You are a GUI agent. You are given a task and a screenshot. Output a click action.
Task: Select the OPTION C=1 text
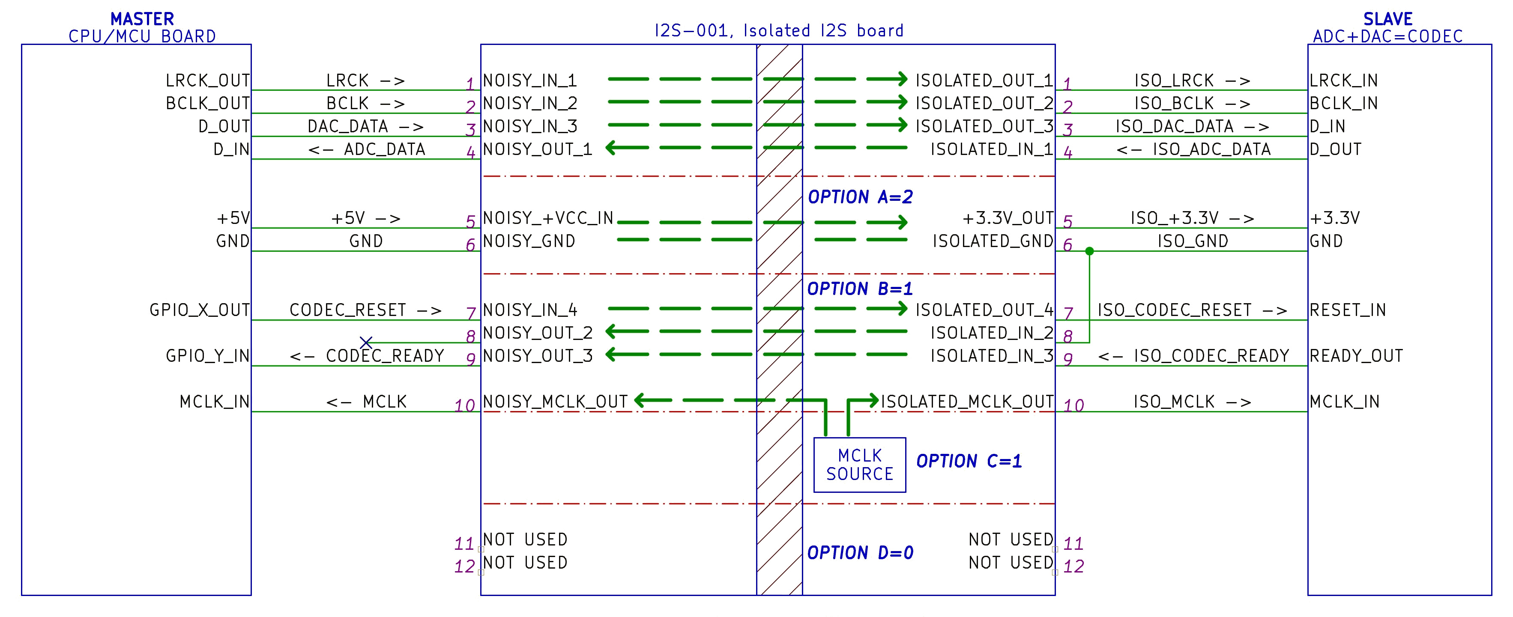click(x=969, y=462)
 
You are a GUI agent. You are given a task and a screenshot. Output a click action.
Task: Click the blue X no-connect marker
click(x=366, y=342)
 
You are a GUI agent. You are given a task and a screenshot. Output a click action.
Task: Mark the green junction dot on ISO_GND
click(x=1089, y=251)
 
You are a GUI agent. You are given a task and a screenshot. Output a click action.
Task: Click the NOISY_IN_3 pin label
click(x=530, y=126)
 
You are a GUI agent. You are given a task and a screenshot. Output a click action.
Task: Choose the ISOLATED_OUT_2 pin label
click(x=984, y=103)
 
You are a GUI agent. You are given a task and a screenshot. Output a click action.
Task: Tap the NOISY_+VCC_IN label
click(x=548, y=218)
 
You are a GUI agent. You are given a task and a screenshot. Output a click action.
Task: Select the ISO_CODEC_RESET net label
click(x=1192, y=310)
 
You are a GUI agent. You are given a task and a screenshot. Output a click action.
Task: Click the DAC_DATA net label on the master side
click(x=365, y=126)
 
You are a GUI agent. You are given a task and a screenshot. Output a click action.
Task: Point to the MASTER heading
click(x=142, y=19)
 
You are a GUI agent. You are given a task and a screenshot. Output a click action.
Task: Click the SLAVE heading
click(x=1388, y=19)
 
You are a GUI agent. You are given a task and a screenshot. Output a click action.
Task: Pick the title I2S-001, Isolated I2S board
click(x=779, y=30)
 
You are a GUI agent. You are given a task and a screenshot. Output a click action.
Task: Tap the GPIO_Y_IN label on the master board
click(x=207, y=356)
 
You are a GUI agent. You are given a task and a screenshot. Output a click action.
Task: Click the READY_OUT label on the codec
click(x=1356, y=356)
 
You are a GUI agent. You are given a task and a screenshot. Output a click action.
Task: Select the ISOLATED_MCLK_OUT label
click(x=967, y=402)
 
